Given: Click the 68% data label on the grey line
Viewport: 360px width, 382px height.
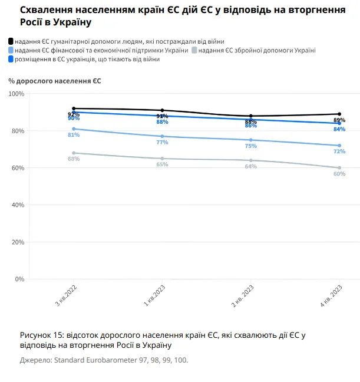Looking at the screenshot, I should coord(74,159).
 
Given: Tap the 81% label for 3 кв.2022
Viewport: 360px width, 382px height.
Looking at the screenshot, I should coord(74,135).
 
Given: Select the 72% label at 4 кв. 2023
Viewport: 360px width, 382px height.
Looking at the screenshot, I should coord(339,152).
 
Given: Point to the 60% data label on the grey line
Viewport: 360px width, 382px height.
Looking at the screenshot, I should coord(339,174).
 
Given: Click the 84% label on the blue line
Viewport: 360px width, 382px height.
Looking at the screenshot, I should coord(339,129).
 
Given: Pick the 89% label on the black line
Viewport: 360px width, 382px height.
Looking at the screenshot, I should coord(339,120).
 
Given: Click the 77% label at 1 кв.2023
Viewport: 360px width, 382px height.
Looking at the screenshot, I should coord(162,142).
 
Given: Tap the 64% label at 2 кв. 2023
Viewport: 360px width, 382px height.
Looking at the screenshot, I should coord(251,166).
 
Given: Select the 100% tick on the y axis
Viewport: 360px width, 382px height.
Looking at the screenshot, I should coord(17,94).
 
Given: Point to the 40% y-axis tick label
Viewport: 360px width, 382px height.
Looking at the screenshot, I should coord(18,205).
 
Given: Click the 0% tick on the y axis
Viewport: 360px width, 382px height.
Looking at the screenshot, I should coord(20,279).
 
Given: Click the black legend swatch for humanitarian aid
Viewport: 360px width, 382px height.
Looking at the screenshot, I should coord(11,41).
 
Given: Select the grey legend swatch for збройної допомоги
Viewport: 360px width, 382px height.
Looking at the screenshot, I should coord(194,51).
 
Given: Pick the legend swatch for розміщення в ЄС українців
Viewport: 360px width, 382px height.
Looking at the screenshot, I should coord(11,60).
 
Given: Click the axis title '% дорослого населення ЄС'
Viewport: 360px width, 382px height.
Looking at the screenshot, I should coord(54,81).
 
